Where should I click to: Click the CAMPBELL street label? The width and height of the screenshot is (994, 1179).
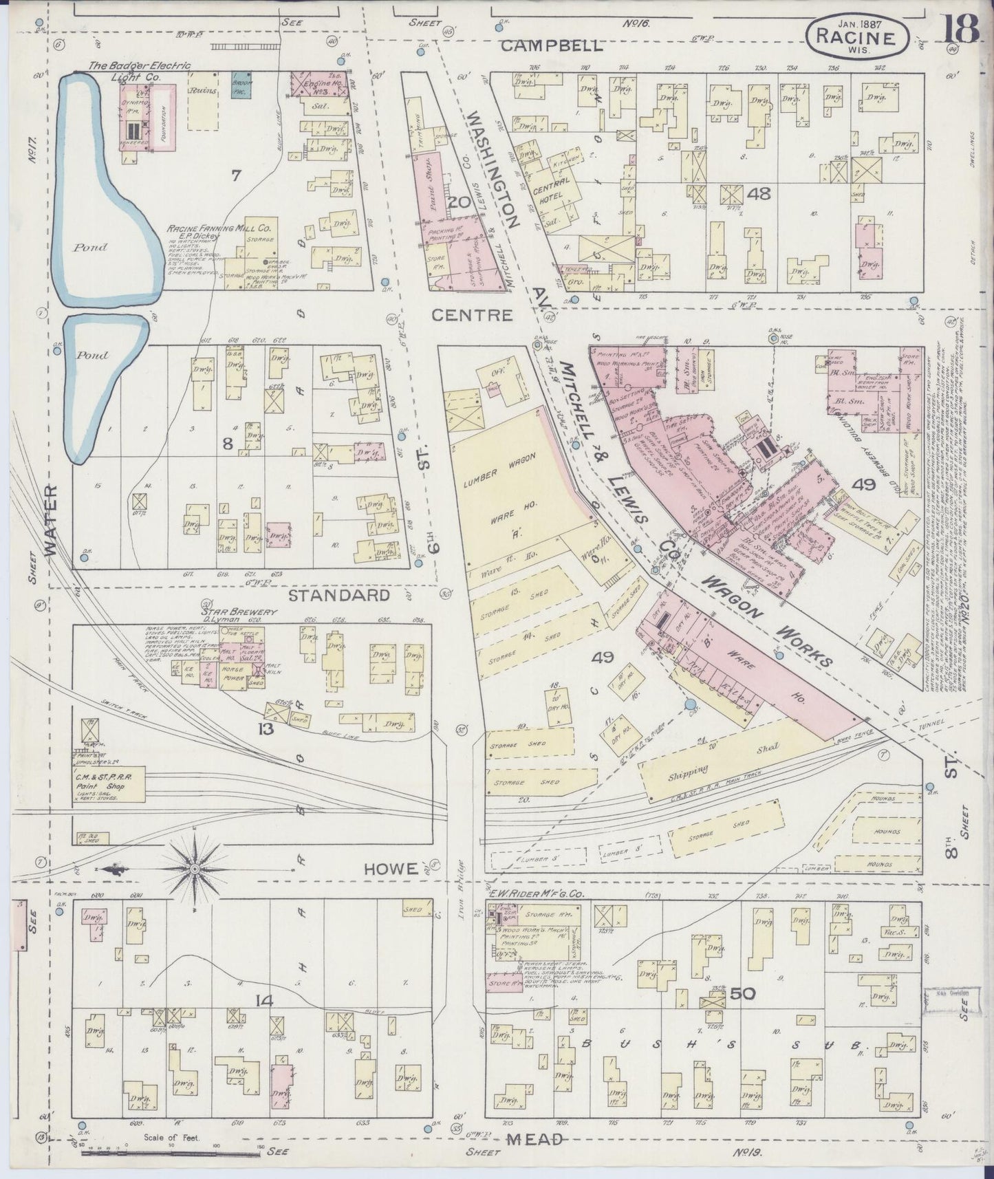552,46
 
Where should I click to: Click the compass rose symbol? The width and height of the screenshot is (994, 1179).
195,869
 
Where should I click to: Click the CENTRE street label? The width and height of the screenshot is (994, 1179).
473,316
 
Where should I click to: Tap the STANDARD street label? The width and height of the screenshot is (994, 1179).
338,595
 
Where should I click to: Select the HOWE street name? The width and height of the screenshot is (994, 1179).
390,870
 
